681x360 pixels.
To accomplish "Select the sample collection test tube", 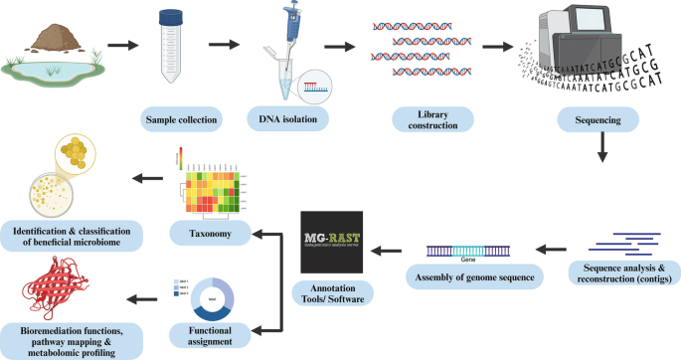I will coord(174,47).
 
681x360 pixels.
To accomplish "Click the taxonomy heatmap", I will coord(209,183).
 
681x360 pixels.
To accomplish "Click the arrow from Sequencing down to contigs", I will coord(604,151).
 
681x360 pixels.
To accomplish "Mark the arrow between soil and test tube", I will coord(121,45).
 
